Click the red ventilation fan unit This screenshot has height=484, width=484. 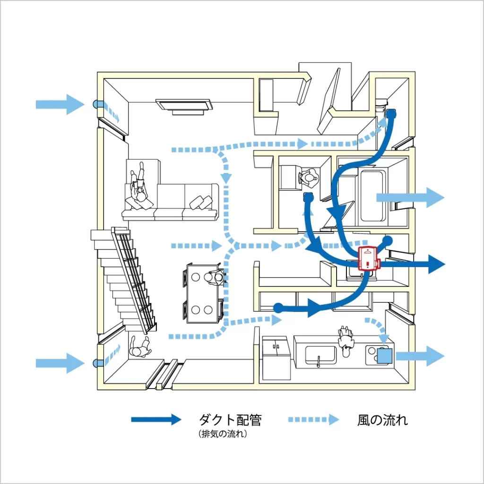[x=368, y=259]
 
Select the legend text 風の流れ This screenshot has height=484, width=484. [x=382, y=420]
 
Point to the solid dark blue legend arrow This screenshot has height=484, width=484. [x=156, y=419]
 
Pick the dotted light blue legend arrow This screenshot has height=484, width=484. [x=313, y=419]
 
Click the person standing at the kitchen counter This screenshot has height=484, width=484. [x=346, y=339]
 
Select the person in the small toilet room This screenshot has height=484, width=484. [x=309, y=177]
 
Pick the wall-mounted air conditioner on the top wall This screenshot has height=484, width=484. [x=183, y=106]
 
